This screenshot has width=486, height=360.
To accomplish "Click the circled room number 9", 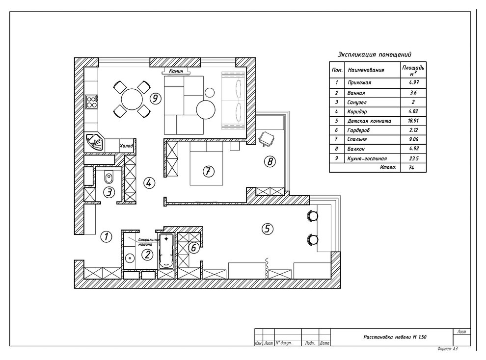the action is coord(155,99).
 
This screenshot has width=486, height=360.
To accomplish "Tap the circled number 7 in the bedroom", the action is coord(208,171).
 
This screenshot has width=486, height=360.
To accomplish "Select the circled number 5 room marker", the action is coord(268,229).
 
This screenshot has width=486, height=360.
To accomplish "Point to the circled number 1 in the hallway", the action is coord(107,237).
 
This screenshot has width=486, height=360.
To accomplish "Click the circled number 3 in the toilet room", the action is coord(109,192).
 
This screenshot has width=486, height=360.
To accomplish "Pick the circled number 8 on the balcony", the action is coord(270,161).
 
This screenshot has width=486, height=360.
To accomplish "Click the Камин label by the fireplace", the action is coord(176,71).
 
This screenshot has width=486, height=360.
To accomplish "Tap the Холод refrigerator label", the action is coord(126,146).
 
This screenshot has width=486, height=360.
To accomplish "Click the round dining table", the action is coord(132,100).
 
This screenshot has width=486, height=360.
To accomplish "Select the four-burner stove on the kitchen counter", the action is coord(91,102).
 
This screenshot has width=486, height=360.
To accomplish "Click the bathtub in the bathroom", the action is coord(166,251).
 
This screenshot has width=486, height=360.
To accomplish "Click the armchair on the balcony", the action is coord(267,138).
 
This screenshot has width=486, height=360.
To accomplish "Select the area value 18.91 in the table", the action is coord(413,121).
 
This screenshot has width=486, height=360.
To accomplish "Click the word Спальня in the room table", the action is coord(357,139).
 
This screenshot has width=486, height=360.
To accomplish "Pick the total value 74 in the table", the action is coord(411,167).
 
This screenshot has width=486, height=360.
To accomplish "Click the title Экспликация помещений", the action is coord(375,55).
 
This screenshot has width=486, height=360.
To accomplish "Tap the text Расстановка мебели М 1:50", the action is coord(395,337).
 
